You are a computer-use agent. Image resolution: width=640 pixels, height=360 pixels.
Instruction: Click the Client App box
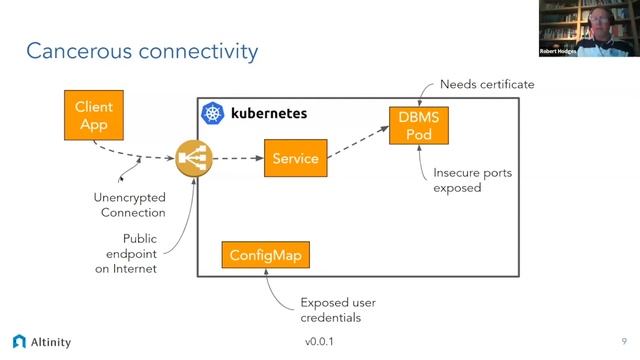pos(93,116)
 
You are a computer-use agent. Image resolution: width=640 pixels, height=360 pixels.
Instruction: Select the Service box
pos(295,158)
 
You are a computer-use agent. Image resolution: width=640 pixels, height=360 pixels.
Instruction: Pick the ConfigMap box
pos(264,255)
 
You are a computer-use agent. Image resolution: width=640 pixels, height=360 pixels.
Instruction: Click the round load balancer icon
pos(194,158)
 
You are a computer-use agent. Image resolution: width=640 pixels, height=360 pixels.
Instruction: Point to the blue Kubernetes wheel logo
pos(213,114)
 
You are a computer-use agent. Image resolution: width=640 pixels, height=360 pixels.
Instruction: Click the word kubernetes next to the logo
pos(268,114)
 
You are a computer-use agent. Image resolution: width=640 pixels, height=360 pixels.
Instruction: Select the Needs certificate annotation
pos(487,84)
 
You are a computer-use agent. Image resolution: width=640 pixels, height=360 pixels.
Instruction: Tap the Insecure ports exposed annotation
pos(472,180)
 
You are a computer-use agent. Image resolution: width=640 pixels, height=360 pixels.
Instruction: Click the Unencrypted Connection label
pos(129,205)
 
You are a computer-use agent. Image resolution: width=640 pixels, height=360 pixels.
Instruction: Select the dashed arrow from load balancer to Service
pos(236,158)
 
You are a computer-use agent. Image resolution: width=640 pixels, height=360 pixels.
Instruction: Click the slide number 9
pos(624,341)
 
